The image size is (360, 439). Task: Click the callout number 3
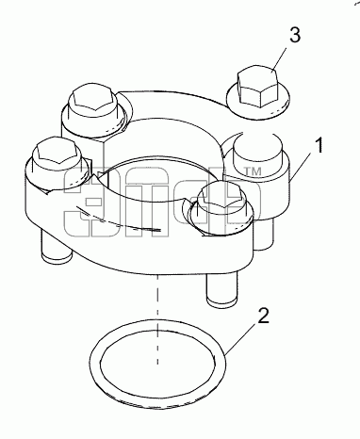[x=295, y=35]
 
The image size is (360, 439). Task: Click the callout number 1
[x=319, y=146]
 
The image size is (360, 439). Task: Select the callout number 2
[x=264, y=316]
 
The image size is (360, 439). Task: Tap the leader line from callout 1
[x=301, y=168]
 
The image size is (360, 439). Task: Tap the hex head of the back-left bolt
[x=92, y=99]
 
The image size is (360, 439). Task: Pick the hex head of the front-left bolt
[x=57, y=152]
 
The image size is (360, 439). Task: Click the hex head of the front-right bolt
[x=222, y=198]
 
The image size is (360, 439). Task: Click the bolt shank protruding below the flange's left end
[x=56, y=247]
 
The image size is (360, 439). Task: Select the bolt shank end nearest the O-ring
[x=221, y=289]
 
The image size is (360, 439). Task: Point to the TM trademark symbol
[x=253, y=171]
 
